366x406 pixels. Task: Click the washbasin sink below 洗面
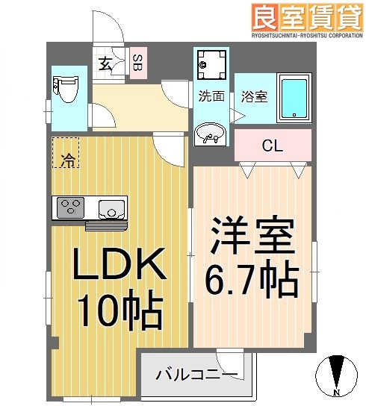pos(211,134)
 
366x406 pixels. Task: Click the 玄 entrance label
pos(107,63)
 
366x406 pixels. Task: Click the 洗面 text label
pos(211,96)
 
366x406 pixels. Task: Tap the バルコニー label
pos(196,375)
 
